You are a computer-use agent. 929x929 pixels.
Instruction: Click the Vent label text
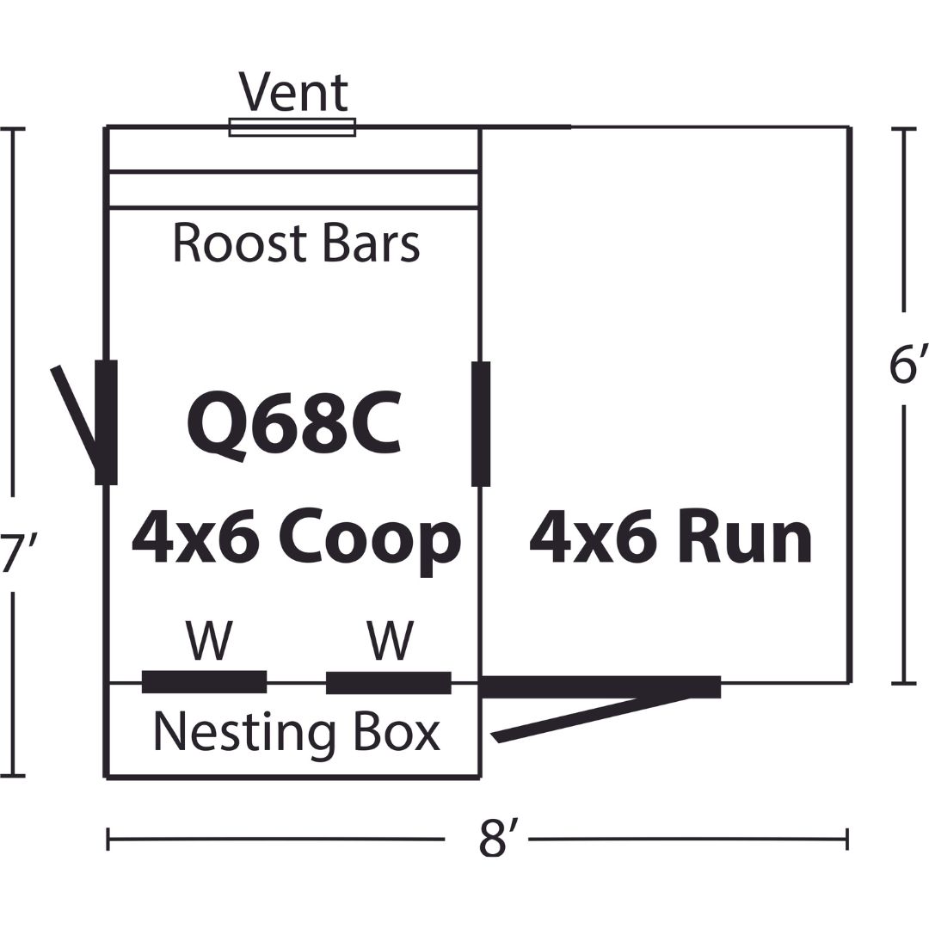[x=294, y=92]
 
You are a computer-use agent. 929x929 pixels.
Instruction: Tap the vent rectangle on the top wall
[x=292, y=126]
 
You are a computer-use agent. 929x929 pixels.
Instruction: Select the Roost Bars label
[x=296, y=243]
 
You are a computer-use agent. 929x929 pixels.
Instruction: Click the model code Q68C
[x=293, y=426]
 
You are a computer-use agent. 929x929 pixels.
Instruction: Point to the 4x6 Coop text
[x=296, y=539]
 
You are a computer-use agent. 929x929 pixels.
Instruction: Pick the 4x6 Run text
[x=670, y=539]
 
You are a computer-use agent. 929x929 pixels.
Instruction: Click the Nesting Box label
[x=297, y=732]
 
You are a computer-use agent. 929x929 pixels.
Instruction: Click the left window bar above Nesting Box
[x=205, y=682]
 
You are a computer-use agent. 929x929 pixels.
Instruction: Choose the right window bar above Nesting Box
[x=389, y=682]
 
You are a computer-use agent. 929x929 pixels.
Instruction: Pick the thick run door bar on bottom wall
[x=600, y=686]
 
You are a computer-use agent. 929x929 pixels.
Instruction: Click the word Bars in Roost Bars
[x=371, y=243]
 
